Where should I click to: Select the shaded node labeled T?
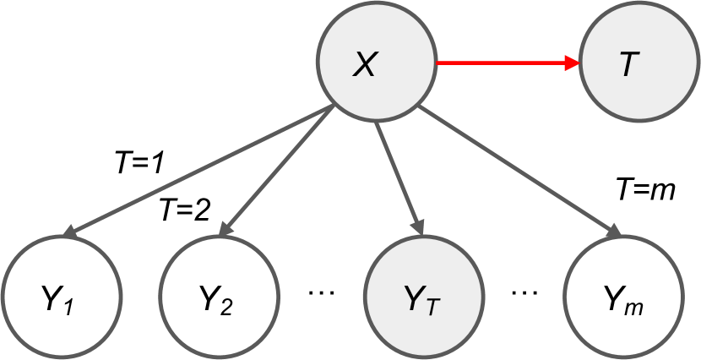[626, 64]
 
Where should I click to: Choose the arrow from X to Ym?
[519, 169]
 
